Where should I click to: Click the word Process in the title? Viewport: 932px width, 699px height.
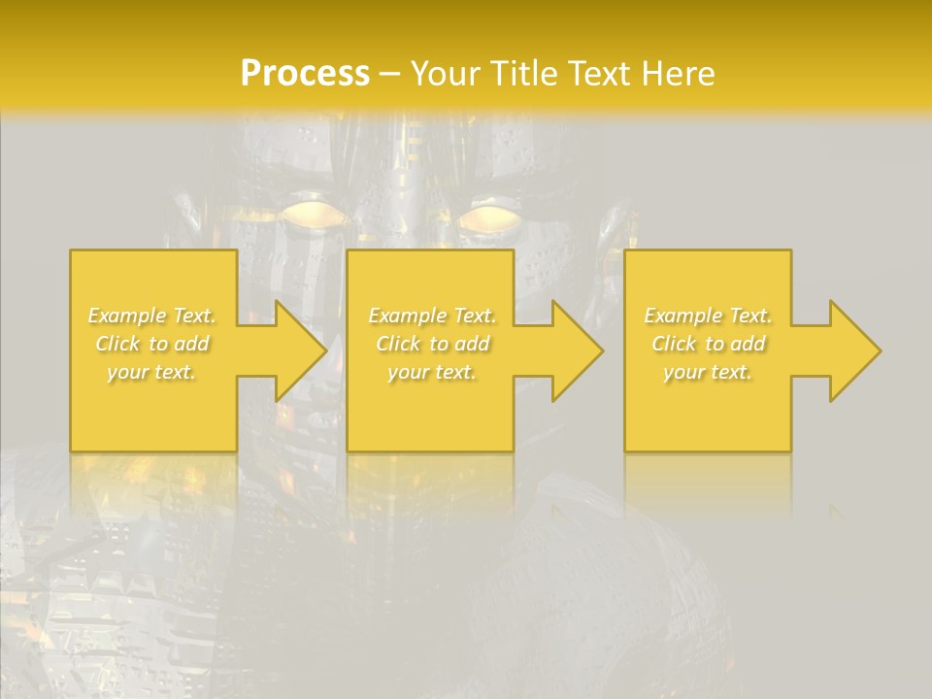coord(305,74)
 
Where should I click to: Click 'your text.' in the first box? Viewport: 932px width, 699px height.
coord(151,372)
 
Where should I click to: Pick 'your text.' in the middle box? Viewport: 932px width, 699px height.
coord(431,372)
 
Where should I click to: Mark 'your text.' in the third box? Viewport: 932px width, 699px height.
coord(708,372)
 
